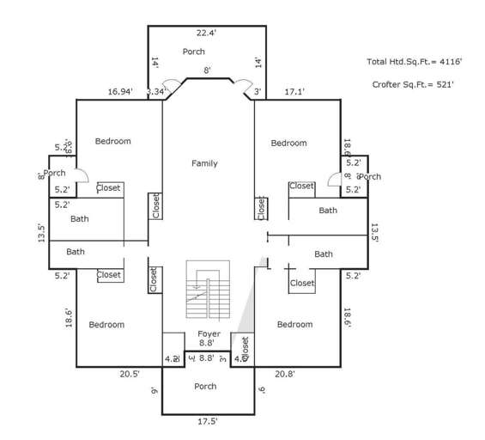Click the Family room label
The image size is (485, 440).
(204, 163)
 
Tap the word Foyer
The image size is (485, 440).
(209, 333)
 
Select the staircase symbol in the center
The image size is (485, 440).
(209, 291)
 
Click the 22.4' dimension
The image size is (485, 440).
(206, 34)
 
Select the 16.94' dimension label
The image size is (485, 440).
(119, 91)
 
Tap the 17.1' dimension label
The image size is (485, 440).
(295, 91)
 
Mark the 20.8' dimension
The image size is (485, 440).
(286, 374)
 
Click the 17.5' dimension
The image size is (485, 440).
(206, 421)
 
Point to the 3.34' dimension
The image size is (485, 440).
(157, 91)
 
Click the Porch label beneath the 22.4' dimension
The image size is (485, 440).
(194, 52)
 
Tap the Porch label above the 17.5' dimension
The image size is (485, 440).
(205, 387)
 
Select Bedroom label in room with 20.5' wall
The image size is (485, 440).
(106, 325)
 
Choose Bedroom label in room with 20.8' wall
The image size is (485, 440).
(294, 324)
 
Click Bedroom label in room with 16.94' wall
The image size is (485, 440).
(112, 141)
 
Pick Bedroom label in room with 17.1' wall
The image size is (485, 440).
(288, 143)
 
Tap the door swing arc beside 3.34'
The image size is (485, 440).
(172, 86)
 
